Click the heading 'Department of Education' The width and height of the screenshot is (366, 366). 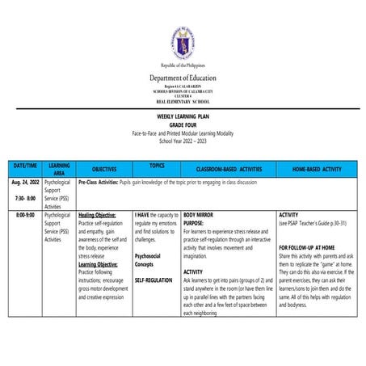183,78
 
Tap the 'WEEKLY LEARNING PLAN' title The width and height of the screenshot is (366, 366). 183,118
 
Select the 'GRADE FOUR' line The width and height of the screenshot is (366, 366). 183,124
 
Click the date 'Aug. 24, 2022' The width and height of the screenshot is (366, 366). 26,183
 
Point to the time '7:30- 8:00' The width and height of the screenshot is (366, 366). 24,198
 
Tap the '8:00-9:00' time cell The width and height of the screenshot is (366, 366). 25,216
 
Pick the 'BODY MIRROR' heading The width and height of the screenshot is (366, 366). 200,216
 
